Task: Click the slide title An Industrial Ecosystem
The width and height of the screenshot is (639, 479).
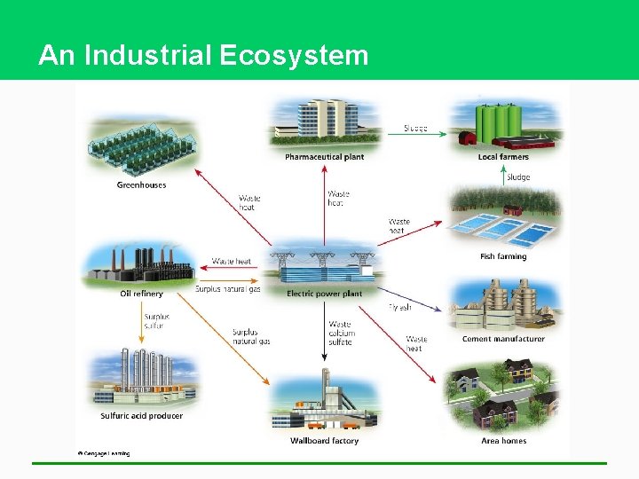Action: pyautogui.click(x=203, y=56)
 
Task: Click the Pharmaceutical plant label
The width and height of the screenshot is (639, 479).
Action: pyautogui.click(x=324, y=157)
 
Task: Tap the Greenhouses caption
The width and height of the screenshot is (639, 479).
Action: pyautogui.click(x=141, y=185)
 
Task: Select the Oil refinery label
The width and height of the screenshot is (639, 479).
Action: pyautogui.click(x=141, y=294)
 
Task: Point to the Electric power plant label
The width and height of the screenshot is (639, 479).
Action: pyautogui.click(x=324, y=294)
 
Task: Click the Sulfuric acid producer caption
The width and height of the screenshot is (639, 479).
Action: pyautogui.click(x=141, y=415)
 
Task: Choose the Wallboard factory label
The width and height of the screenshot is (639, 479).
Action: pyautogui.click(x=324, y=441)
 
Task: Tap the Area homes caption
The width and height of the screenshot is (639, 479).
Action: pyautogui.click(x=503, y=441)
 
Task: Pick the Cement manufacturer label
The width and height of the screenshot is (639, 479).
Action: pyautogui.click(x=503, y=339)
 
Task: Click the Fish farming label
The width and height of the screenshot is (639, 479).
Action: pyautogui.click(x=503, y=257)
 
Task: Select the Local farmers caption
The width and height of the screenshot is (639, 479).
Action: pyautogui.click(x=503, y=157)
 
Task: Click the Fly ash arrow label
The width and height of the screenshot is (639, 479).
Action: pyautogui.click(x=400, y=307)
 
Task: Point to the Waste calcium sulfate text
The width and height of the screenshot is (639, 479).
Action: pyautogui.click(x=341, y=334)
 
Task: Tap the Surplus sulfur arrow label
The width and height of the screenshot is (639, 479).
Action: pyautogui.click(x=155, y=320)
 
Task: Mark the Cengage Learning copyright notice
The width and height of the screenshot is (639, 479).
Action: pyautogui.click(x=103, y=453)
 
